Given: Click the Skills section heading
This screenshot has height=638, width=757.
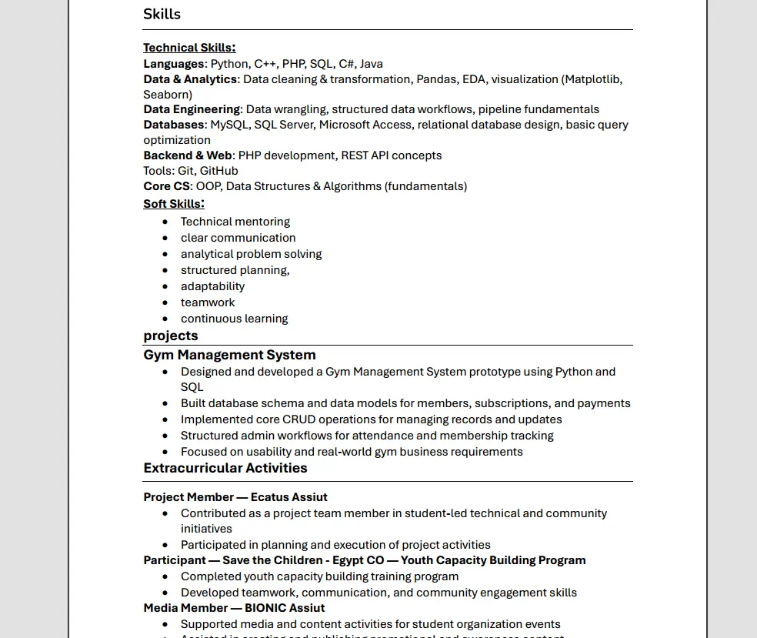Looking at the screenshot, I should pyautogui.click(x=162, y=14).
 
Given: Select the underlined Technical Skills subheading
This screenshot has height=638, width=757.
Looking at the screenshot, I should pyautogui.click(x=188, y=48).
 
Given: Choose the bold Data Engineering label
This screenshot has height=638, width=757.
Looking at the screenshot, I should pyautogui.click(x=192, y=109).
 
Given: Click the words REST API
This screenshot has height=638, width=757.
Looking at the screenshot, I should pyautogui.click(x=365, y=155).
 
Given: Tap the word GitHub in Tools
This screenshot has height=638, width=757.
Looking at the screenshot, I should pyautogui.click(x=218, y=171).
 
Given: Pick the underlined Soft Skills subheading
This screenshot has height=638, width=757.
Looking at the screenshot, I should pyautogui.click(x=173, y=204).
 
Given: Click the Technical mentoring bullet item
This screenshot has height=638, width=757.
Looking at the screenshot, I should pyautogui.click(x=235, y=222).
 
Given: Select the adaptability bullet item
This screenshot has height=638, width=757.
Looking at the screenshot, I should pyautogui.click(x=212, y=286).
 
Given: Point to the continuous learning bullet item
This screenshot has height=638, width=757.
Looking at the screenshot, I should pyautogui.click(x=234, y=319).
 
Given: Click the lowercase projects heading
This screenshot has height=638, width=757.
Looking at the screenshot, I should pyautogui.click(x=171, y=336).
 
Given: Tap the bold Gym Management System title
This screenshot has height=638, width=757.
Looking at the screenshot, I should pyautogui.click(x=229, y=355).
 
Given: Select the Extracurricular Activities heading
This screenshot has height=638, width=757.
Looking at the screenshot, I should pyautogui.click(x=225, y=468).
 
